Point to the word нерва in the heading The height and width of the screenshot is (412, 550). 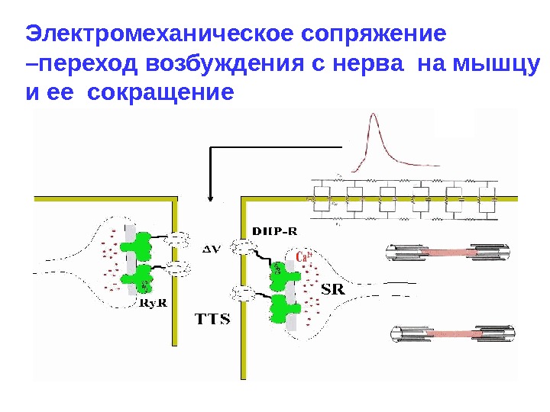point(367,64)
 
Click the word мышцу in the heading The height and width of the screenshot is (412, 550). point(497,64)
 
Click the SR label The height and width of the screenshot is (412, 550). point(334,289)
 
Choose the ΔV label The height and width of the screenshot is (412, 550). point(211,247)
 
